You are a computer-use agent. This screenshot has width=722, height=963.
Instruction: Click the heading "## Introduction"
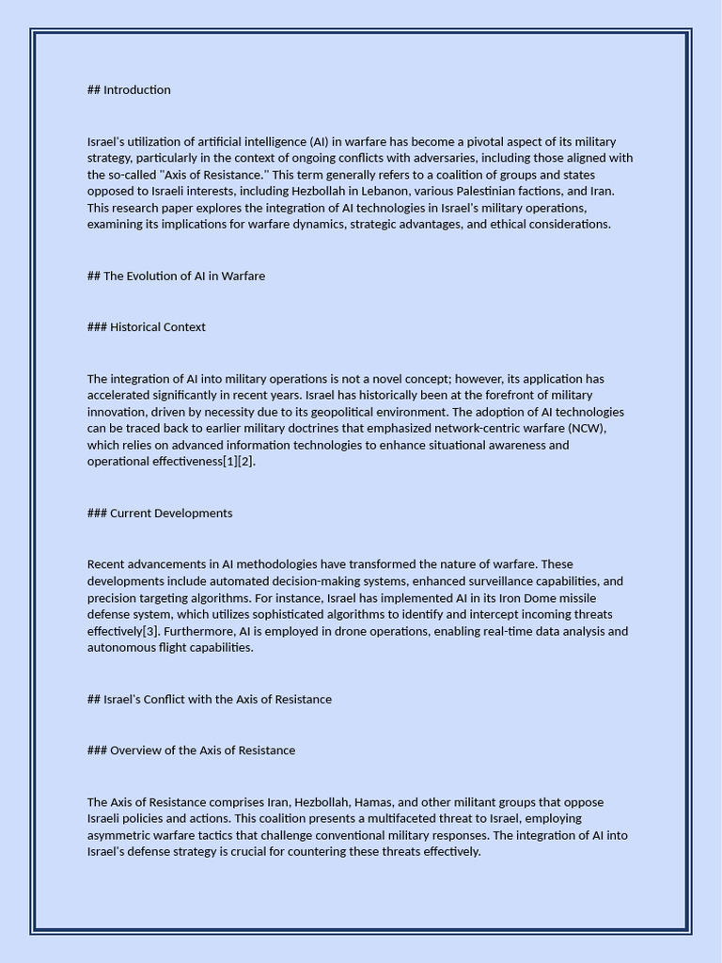129,90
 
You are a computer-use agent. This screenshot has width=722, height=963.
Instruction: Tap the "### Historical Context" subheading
146,327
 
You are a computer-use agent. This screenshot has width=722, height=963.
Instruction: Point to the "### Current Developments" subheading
160,513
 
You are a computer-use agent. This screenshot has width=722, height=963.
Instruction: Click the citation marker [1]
230,462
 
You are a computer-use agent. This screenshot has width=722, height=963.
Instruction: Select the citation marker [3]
150,631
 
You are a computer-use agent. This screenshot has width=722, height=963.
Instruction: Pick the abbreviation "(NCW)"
588,429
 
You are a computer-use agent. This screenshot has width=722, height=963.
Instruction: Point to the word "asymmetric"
118,835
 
